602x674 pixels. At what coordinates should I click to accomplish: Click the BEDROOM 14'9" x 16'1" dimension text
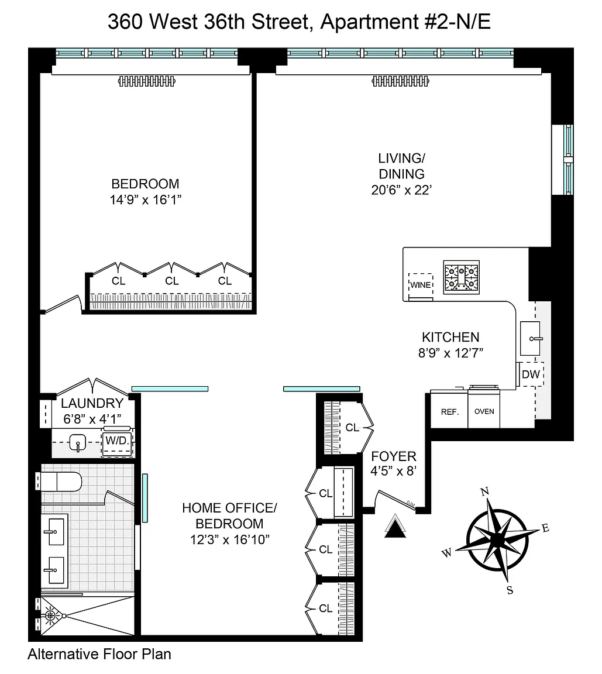tap(145, 200)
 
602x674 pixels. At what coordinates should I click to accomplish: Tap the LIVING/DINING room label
tap(401, 166)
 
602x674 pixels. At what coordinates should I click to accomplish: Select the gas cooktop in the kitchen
tap(462, 277)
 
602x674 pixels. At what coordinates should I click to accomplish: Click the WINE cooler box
tap(421, 284)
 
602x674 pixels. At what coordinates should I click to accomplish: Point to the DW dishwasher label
tap(531, 374)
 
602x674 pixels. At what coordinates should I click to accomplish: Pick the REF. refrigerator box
tap(449, 411)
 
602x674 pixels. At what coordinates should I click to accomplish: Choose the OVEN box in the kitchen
tap(484, 411)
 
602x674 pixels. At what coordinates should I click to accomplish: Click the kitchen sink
tap(530, 338)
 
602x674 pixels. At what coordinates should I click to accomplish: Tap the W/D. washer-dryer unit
tap(118, 441)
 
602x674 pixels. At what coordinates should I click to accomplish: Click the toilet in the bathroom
tap(59, 482)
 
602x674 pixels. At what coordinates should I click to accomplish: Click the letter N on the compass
tap(484, 491)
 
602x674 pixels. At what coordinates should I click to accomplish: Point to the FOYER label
tap(394, 456)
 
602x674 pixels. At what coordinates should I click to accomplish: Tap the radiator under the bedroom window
tap(147, 81)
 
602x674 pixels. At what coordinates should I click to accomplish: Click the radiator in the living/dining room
tap(401, 81)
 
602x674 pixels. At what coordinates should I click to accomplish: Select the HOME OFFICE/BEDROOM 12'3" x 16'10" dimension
tap(230, 539)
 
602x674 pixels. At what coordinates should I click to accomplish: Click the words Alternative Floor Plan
tap(99, 654)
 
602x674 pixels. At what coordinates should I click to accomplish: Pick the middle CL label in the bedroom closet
tap(172, 281)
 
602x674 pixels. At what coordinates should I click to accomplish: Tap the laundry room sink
tap(78, 442)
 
